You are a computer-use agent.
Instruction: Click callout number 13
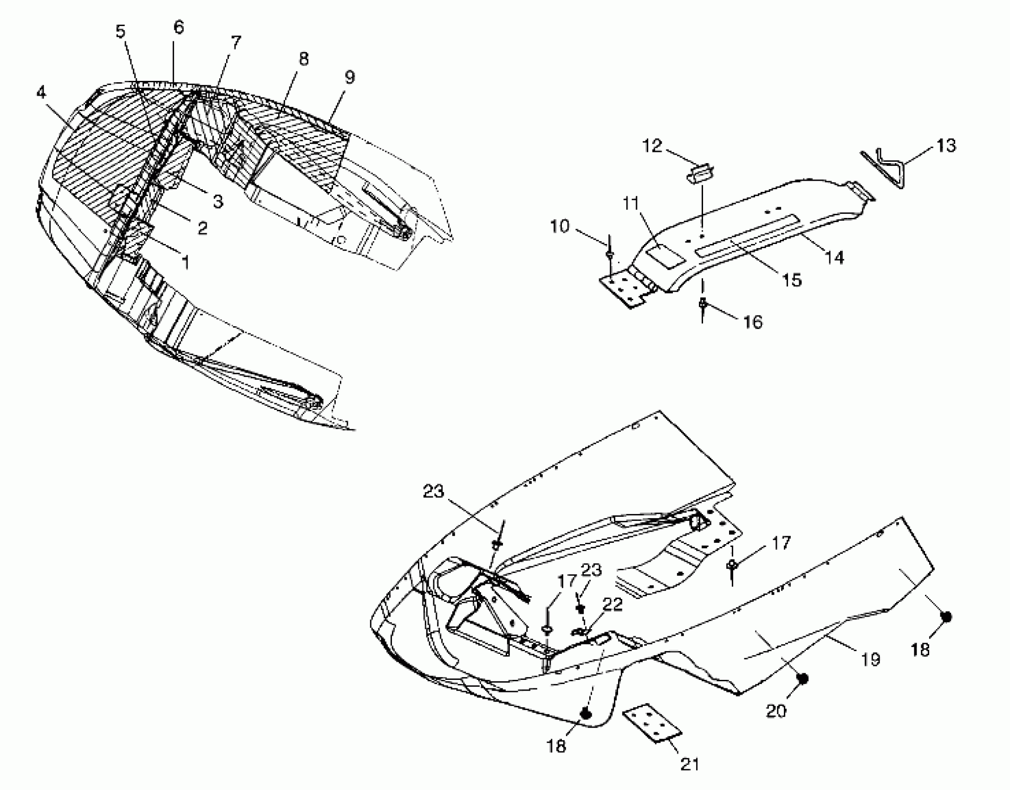pyautogui.click(x=946, y=146)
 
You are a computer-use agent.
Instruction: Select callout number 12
pyautogui.click(x=652, y=146)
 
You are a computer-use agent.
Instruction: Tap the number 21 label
pyautogui.click(x=689, y=764)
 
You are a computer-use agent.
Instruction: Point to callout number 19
pyautogui.click(x=870, y=659)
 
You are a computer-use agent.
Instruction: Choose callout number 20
pyautogui.click(x=776, y=711)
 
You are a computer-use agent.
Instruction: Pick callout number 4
pyautogui.click(x=41, y=92)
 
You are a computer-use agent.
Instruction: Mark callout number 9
pyautogui.click(x=349, y=77)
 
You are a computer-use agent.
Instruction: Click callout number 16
pyautogui.click(x=753, y=322)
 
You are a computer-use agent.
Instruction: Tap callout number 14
pyautogui.click(x=834, y=257)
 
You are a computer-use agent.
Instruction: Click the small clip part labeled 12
pyautogui.click(x=701, y=173)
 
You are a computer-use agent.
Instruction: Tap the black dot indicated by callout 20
pyautogui.click(x=802, y=679)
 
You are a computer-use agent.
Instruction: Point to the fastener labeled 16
pyautogui.click(x=703, y=304)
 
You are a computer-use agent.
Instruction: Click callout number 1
pyautogui.click(x=185, y=263)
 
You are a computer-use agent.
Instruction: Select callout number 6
pyautogui.click(x=179, y=27)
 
